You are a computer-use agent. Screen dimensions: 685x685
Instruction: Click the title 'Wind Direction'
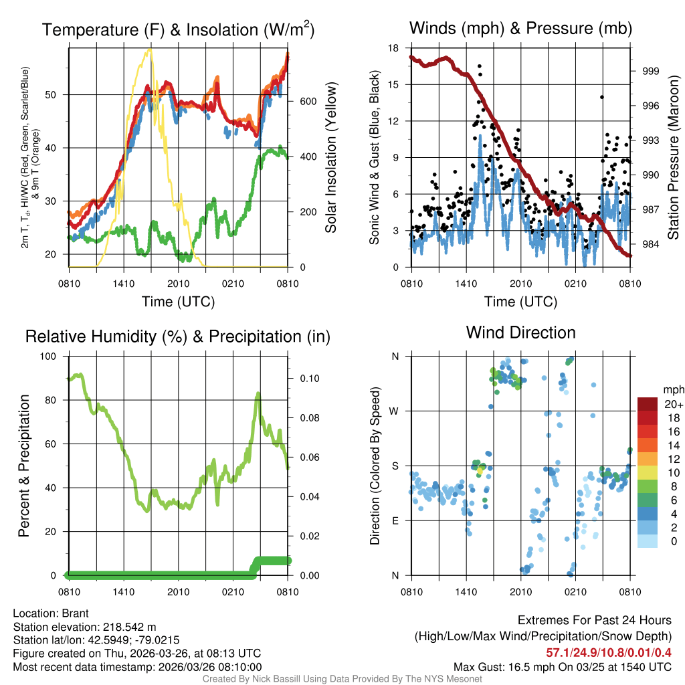[520, 332]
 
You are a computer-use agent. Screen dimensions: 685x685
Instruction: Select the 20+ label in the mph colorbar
[672, 404]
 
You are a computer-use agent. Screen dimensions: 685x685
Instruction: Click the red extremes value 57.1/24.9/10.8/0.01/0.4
[609, 652]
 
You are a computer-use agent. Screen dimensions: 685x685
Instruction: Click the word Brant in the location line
[76, 613]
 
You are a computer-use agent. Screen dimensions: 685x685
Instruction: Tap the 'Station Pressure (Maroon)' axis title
[674, 157]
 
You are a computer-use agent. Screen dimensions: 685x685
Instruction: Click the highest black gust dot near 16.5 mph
[480, 66]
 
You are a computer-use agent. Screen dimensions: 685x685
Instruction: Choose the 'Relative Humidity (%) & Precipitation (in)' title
[177, 336]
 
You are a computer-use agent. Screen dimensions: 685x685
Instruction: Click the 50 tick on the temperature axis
[56, 94]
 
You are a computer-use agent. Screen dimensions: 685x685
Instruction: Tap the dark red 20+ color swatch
[647, 404]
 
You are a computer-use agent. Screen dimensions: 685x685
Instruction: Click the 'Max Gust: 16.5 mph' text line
[562, 666]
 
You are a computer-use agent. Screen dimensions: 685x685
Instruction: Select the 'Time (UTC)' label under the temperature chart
[178, 302]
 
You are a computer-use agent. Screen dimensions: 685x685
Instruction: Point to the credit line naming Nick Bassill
[342, 679]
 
